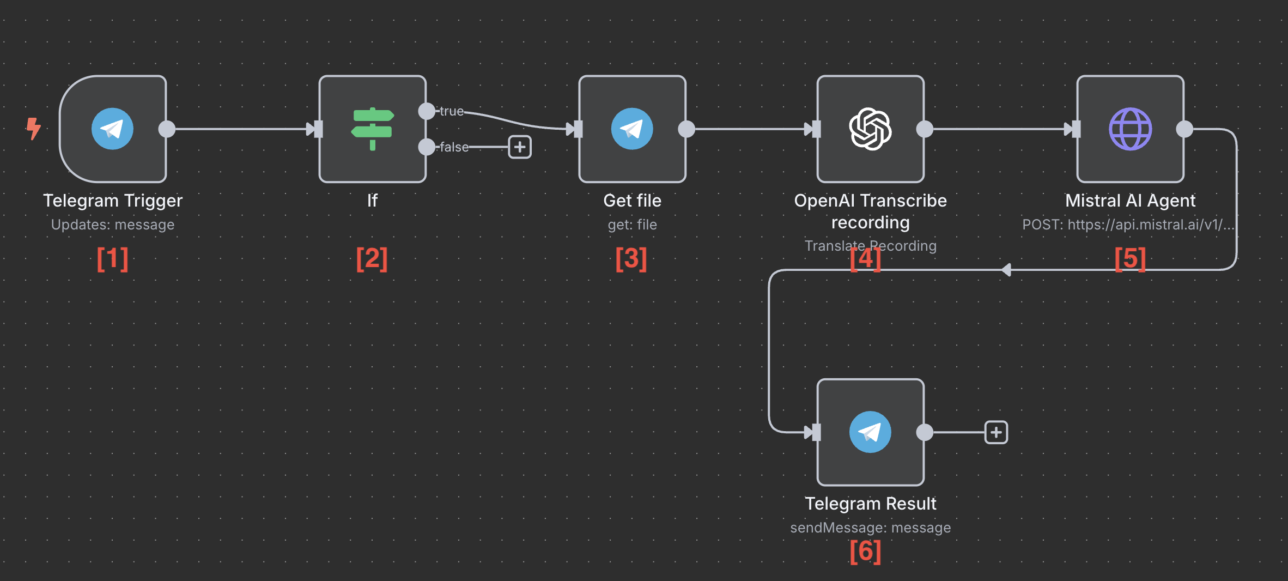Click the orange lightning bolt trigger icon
point(34,129)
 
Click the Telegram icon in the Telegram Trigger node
point(112,129)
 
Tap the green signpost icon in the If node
point(372,129)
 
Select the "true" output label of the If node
point(452,111)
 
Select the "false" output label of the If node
point(454,147)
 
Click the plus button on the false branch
point(520,147)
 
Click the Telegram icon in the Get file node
point(632,129)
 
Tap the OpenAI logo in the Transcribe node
point(870,129)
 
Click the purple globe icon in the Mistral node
point(1130,129)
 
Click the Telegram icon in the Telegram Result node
point(870,432)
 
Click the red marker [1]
point(112,259)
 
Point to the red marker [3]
point(631,259)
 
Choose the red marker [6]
point(865,552)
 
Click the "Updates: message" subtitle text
point(112,225)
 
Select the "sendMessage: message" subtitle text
point(870,528)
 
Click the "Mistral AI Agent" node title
point(1130,201)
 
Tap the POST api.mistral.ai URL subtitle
point(1128,225)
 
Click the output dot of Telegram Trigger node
point(167,129)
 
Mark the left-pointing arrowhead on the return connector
point(1006,270)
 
